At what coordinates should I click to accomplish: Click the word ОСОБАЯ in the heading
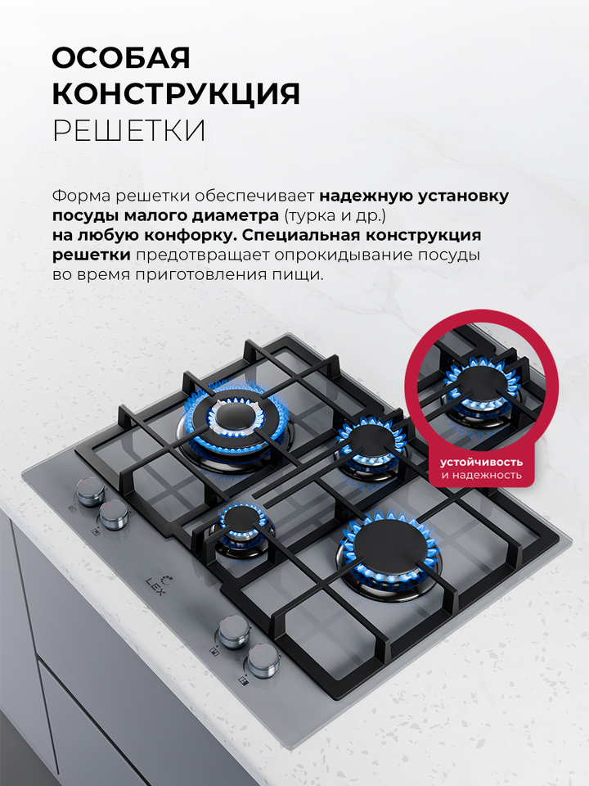[x=121, y=58]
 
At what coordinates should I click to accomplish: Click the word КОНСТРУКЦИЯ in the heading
[x=177, y=93]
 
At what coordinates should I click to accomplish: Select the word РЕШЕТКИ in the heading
[x=129, y=131]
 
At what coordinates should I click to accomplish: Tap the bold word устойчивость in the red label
[x=481, y=462]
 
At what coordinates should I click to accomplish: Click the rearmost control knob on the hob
[x=91, y=490]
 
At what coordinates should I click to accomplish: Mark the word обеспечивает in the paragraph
[x=254, y=196]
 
